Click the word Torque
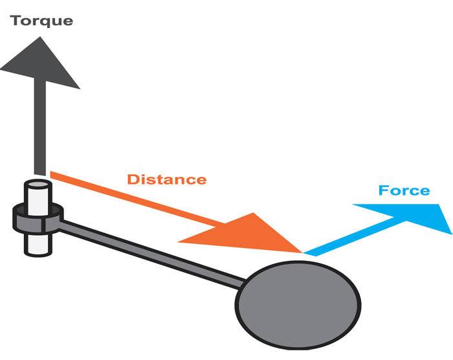41,21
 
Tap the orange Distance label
166,179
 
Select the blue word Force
404,190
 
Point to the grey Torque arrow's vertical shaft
40,129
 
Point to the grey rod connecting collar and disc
155,249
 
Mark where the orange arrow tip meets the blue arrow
303,253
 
